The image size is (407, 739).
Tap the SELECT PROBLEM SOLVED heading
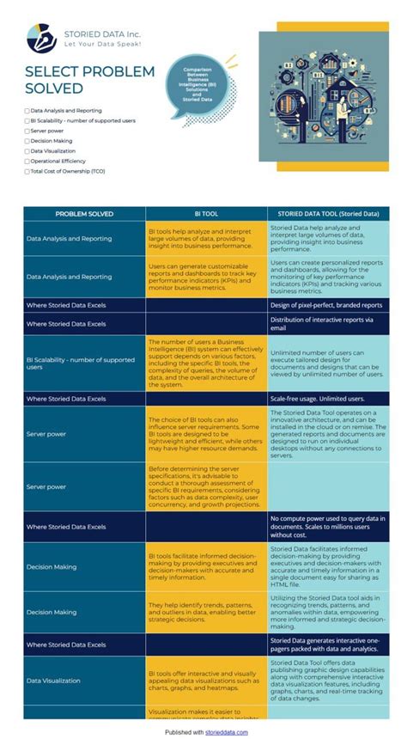point(89,80)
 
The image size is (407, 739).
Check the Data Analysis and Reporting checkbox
point(27,111)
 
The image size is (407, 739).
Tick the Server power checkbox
point(27,131)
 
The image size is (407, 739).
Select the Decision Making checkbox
point(27,141)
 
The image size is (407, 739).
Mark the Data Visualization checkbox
point(27,151)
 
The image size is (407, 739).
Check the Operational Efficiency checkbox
point(27,162)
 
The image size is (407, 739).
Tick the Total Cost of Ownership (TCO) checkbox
point(27,172)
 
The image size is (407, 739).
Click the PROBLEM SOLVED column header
point(85,214)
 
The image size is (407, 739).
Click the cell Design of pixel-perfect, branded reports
point(326,305)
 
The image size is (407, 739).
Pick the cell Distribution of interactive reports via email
point(326,324)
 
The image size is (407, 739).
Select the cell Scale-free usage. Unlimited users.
point(318,400)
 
